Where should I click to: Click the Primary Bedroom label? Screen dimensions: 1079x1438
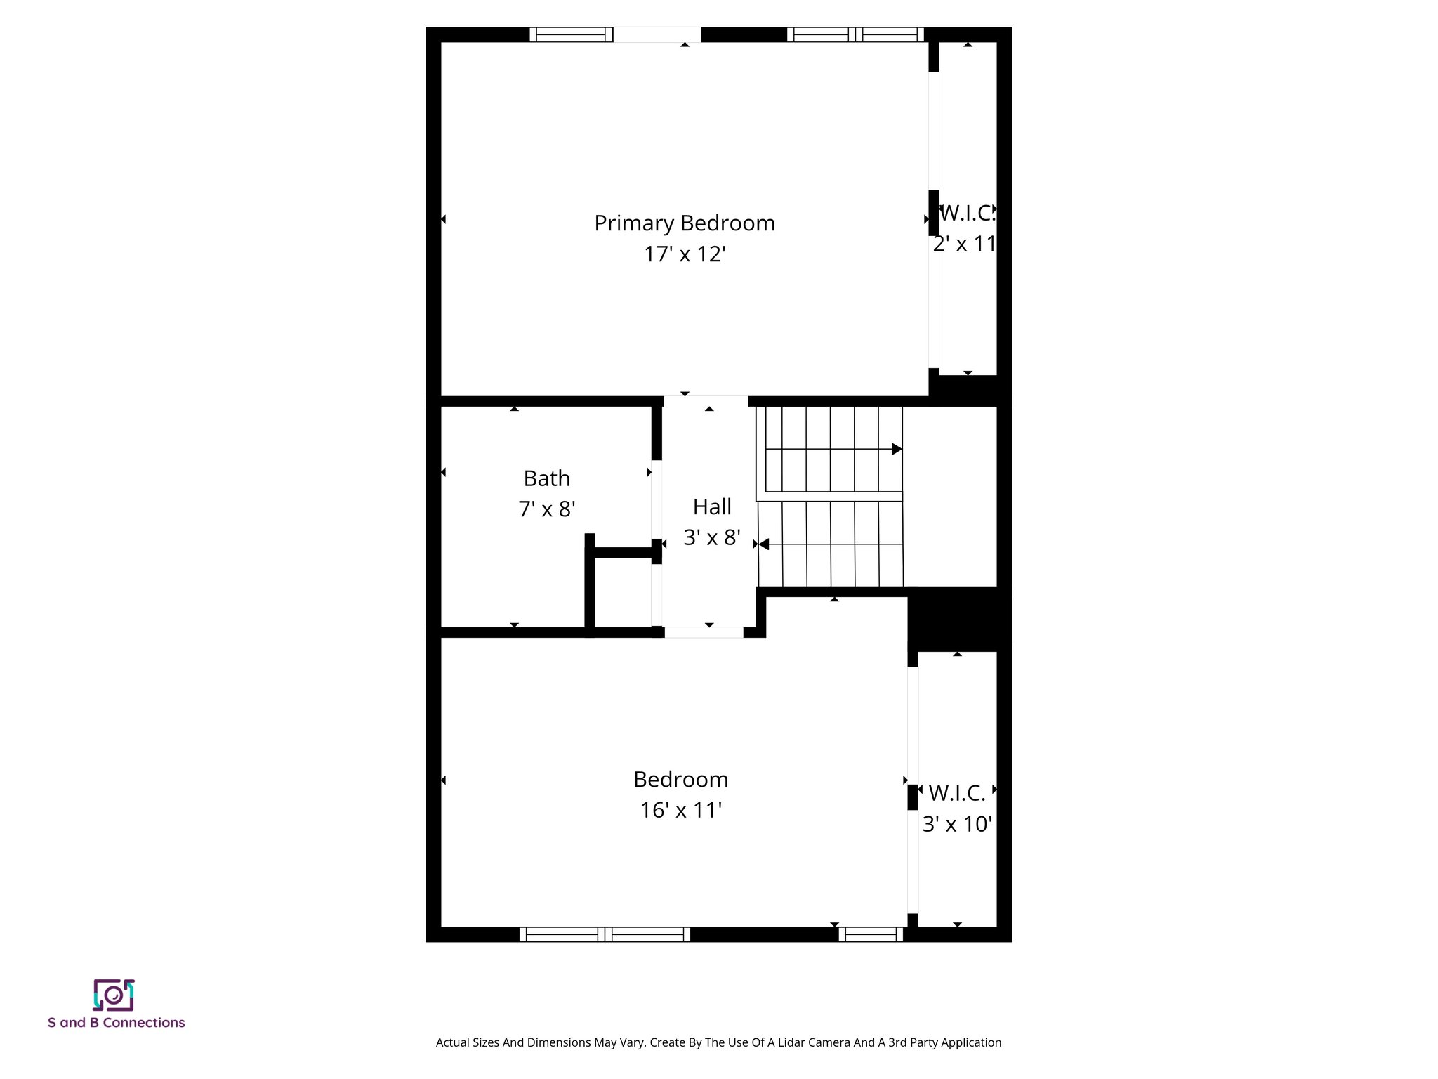tap(685, 223)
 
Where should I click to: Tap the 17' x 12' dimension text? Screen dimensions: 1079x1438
tap(685, 254)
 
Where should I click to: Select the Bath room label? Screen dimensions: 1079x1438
tap(546, 478)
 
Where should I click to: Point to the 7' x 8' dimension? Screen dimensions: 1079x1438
tap(546, 509)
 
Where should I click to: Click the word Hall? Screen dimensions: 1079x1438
tap(712, 506)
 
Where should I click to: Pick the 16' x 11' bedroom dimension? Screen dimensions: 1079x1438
tap(680, 811)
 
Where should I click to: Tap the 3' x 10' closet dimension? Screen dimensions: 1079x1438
tap(956, 824)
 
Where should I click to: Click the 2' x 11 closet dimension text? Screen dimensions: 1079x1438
tap(965, 244)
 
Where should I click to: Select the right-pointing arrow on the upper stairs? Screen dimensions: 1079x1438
tap(897, 449)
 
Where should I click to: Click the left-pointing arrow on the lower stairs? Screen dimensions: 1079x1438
tap(764, 544)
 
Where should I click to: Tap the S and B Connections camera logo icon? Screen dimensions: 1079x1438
tap(114, 995)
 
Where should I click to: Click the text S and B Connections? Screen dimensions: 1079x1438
tap(117, 1023)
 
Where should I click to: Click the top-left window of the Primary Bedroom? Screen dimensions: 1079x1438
tap(570, 34)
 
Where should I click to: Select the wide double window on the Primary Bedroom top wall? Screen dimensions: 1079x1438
tap(855, 34)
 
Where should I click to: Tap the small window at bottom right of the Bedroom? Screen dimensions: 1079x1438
tap(871, 934)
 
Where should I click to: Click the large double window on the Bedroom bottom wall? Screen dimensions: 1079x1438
tap(605, 934)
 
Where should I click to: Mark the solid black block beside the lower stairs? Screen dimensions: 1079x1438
tap(958, 618)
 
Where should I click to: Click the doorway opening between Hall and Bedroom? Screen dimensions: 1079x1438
tap(704, 632)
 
